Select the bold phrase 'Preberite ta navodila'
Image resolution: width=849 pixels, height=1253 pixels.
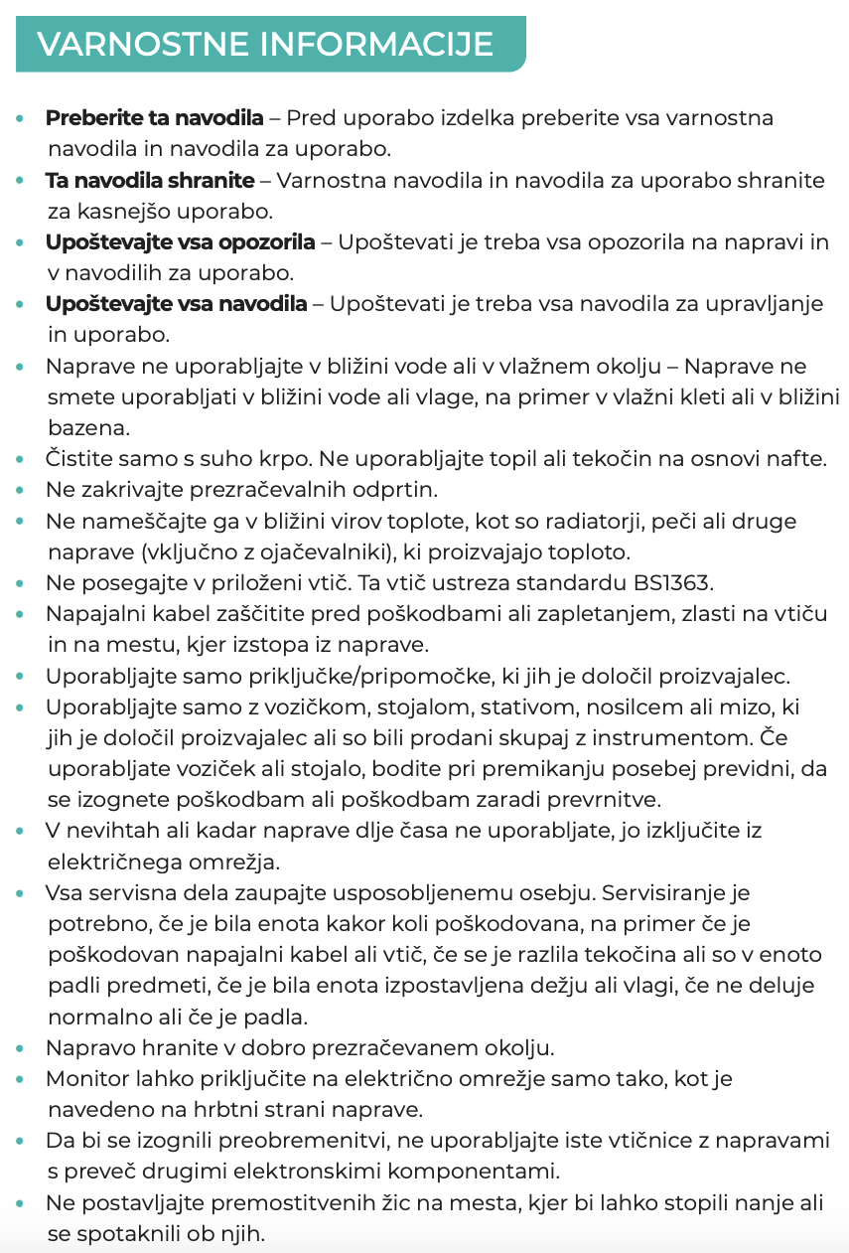coord(155,118)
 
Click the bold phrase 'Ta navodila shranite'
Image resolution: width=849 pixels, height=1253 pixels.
coord(150,181)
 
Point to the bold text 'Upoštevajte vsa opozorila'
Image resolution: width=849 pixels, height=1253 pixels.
coord(181,242)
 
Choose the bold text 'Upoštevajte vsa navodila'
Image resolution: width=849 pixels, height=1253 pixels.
coord(177,304)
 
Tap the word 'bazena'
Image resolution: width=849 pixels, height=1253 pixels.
coord(84,428)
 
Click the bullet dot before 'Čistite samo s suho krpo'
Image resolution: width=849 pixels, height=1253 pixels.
coord(22,460)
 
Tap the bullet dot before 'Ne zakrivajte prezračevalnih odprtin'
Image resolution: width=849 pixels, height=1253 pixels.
coord(22,491)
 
